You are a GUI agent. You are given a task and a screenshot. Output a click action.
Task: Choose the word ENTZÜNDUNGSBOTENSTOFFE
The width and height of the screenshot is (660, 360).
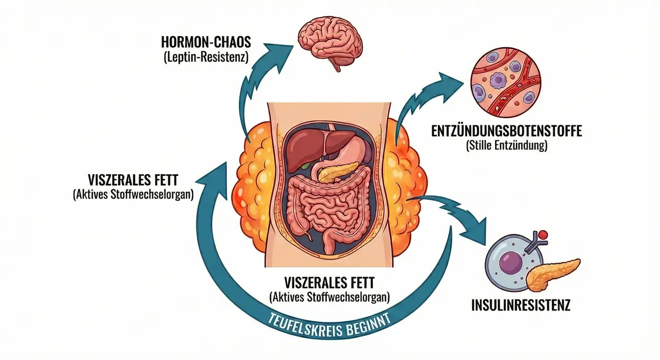tap(507, 132)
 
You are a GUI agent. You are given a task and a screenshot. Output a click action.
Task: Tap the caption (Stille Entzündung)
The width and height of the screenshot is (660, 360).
tap(507, 147)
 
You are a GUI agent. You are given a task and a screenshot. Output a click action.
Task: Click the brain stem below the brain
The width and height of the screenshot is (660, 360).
tap(335, 65)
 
